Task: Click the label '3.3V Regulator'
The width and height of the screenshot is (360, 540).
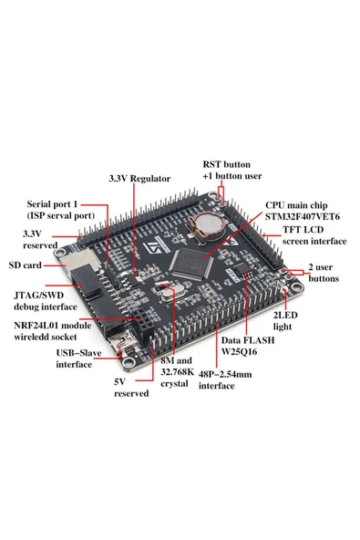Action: pyautogui.click(x=139, y=178)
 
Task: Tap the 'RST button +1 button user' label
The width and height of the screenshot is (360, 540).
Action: pyautogui.click(x=231, y=171)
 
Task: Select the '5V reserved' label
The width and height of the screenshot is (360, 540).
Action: pyautogui.click(x=129, y=388)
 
